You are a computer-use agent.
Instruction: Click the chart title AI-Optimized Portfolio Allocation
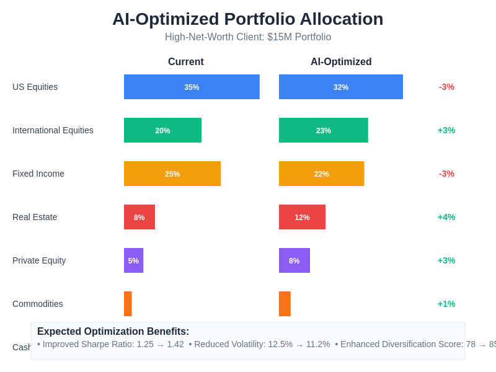[248, 19]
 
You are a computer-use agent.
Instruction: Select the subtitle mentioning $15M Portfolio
[248, 37]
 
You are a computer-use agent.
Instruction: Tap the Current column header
[186, 62]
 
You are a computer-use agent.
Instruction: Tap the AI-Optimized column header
[341, 62]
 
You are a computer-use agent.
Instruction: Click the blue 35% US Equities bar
[192, 87]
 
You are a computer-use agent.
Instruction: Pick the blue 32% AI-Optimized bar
[341, 87]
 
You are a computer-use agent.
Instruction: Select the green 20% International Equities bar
[162, 130]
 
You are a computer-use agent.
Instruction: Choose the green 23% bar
[323, 130]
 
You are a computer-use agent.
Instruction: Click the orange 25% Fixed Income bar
[172, 174]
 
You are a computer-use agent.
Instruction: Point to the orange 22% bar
[321, 174]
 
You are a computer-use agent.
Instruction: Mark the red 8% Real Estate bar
[139, 217]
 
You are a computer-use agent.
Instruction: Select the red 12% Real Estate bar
[302, 217]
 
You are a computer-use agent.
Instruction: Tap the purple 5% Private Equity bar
[133, 260]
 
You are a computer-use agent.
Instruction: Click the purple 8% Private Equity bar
[294, 260]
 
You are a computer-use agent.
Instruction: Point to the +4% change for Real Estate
[446, 217]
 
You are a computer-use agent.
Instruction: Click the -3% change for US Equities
[446, 87]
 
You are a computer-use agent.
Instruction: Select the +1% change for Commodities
[446, 304]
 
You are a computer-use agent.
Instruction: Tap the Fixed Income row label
[38, 174]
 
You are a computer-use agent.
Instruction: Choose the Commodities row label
[38, 304]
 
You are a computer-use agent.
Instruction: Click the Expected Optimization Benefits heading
[113, 332]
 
